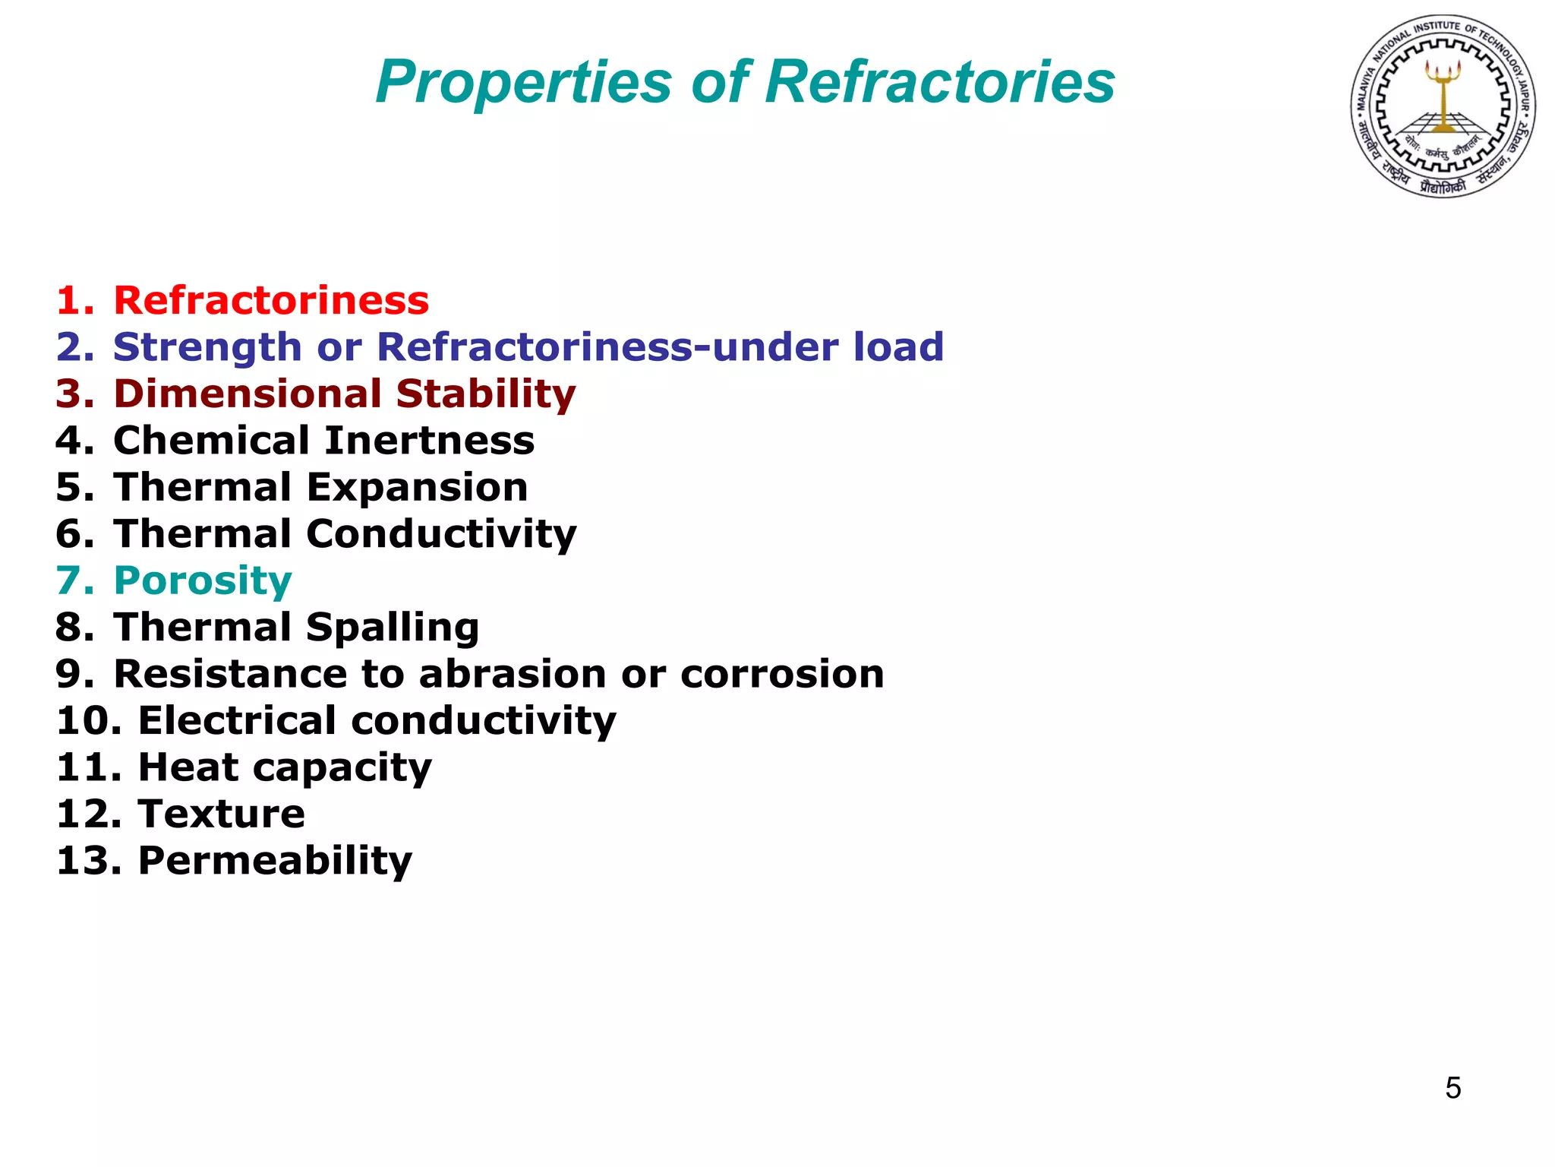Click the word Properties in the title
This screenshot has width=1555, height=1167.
pos(524,82)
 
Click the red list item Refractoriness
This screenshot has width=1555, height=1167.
pos(271,300)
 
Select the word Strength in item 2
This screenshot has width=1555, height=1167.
pos(207,347)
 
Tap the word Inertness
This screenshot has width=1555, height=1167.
pos(430,441)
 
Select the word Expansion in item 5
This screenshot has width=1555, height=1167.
pos(417,487)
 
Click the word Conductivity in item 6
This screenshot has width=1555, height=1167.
pos(441,534)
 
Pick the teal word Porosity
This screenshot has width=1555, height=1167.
pos(203,581)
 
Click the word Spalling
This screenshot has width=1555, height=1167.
pos(392,628)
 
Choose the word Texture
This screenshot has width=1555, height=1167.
pos(222,814)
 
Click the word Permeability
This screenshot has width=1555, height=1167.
pos(275,861)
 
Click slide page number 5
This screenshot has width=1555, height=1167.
pos(1452,1088)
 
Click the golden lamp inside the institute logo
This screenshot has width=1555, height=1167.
pos(1443,91)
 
